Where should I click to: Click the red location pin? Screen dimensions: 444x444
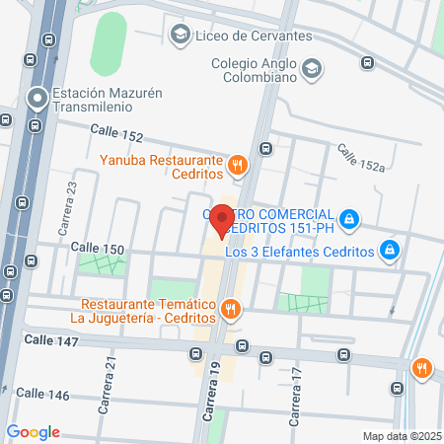222,220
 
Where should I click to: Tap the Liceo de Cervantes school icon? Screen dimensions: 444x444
180,37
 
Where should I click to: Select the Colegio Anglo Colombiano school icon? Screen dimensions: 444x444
312,69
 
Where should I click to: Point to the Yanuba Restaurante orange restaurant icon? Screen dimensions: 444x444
236,166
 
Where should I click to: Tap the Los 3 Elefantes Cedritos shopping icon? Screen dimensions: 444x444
391,251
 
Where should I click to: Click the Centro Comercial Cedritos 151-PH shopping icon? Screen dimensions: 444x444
348,217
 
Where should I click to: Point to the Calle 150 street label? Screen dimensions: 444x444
98,247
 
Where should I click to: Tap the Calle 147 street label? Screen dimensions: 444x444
50,339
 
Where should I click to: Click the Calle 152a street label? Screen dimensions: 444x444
360,159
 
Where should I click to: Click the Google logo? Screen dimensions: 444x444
33,432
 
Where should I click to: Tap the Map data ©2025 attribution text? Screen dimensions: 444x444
402,436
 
